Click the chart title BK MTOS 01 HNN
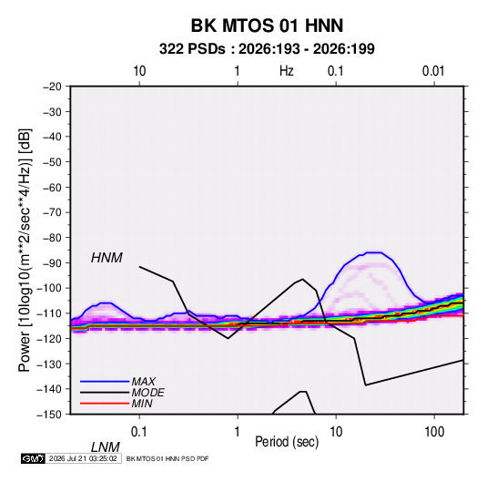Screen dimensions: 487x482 pos(267,26)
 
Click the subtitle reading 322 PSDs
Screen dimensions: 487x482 pos(192,49)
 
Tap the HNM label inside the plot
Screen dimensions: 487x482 pos(107,258)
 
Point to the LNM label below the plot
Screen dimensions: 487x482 pos(105,447)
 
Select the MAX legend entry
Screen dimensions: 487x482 pos(143,382)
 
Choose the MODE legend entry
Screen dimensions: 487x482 pos(147,393)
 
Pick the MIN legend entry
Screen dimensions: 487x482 pos(142,404)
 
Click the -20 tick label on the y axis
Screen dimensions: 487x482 pos(52,87)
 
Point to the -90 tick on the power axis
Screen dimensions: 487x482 pos(52,263)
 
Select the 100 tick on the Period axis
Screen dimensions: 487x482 pos(434,432)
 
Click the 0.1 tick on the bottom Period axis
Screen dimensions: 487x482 pos(138,432)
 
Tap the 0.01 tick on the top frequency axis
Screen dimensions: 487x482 pos(433,71)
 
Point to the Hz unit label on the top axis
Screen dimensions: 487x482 pos(287,71)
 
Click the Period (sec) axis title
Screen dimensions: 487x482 pos(287,442)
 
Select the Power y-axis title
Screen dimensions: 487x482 pos(25,251)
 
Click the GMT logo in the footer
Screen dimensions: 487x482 pos(33,458)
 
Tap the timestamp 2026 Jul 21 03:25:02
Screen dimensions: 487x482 pos(83,458)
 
